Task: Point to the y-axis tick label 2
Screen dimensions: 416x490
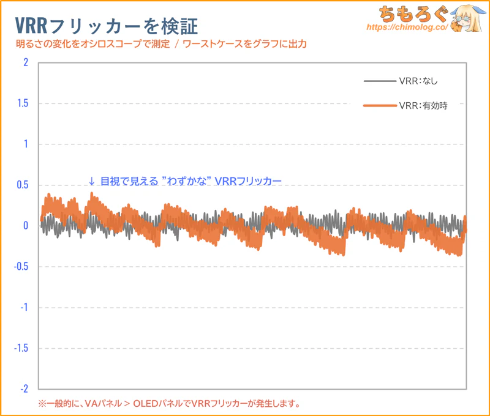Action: (x=25, y=62)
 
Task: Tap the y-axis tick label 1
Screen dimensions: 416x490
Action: (x=25, y=144)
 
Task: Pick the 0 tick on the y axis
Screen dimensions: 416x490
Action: (x=25, y=226)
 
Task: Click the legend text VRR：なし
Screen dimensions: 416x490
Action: (x=418, y=81)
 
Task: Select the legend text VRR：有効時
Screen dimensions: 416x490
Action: (x=423, y=106)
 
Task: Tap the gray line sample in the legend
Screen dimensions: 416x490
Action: (x=379, y=81)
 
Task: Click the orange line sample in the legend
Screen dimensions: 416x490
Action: (x=379, y=106)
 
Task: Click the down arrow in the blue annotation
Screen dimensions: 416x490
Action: (x=92, y=181)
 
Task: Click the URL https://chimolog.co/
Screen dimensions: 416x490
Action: (x=405, y=28)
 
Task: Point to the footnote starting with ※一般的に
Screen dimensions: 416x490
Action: (x=169, y=404)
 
